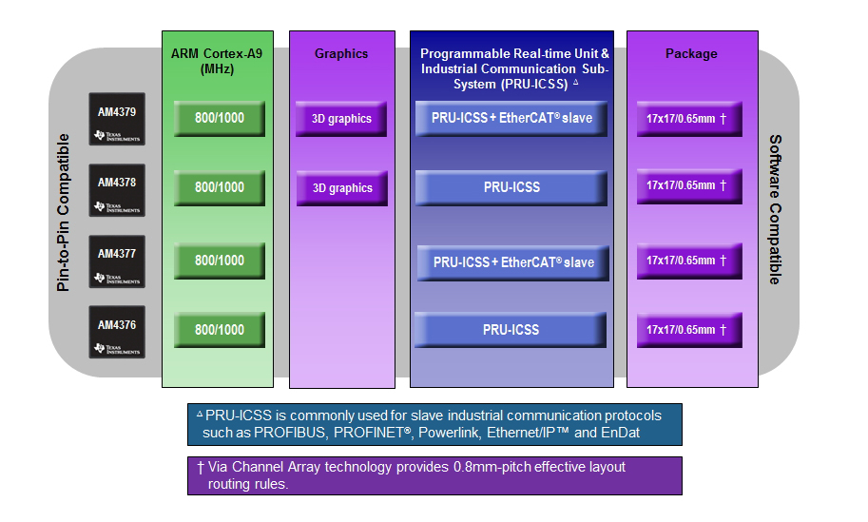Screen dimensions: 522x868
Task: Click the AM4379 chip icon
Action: pyautogui.click(x=117, y=120)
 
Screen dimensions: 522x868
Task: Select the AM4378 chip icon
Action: pyautogui.click(x=117, y=190)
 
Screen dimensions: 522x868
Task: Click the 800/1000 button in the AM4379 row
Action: pyautogui.click(x=220, y=118)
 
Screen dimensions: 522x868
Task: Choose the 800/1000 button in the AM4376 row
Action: pyautogui.click(x=220, y=329)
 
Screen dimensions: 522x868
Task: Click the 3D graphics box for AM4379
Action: pyautogui.click(x=341, y=119)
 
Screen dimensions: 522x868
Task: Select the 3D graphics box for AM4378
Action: pyautogui.click(x=341, y=188)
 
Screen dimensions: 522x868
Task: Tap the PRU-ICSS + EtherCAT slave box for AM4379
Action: pyautogui.click(x=511, y=118)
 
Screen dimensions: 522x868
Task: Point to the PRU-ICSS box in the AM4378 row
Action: pyautogui.click(x=511, y=187)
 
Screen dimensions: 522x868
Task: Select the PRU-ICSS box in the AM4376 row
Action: pyautogui.click(x=511, y=330)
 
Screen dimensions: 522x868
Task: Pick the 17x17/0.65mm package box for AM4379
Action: pyautogui.click(x=689, y=119)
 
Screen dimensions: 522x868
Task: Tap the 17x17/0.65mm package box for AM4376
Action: pyautogui.click(x=689, y=330)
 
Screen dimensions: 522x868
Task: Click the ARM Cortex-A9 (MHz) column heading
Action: pyautogui.click(x=219, y=61)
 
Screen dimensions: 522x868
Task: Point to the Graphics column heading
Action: pyautogui.click(x=341, y=54)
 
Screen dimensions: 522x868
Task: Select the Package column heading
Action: pyautogui.click(x=691, y=54)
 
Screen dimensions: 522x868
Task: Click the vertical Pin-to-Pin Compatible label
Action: pyautogui.click(x=65, y=212)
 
